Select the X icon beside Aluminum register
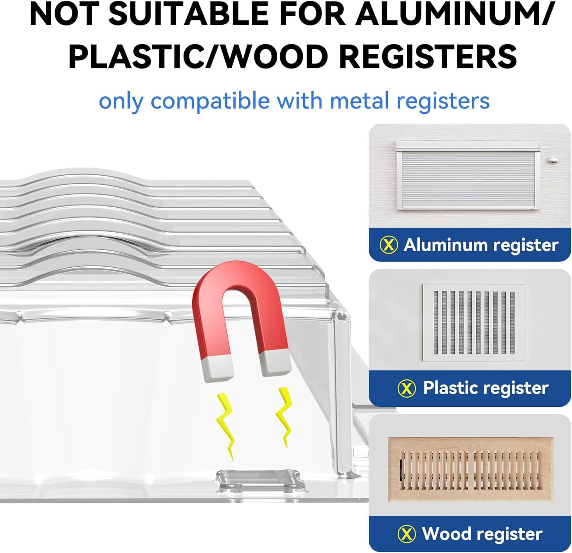point(389,245)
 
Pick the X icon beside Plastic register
point(407,388)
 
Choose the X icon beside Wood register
point(407,534)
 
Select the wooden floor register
point(471,469)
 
